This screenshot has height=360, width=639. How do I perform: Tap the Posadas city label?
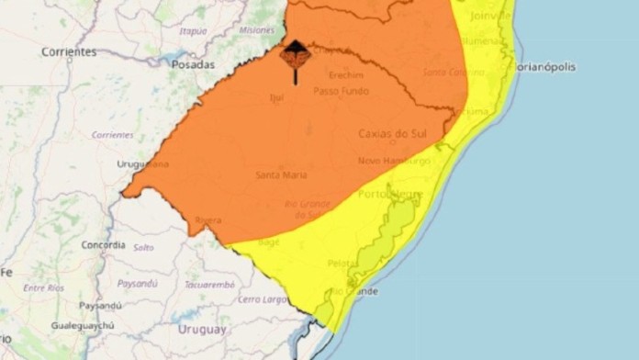pyautogui.click(x=193, y=65)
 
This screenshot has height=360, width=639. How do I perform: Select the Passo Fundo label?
pyautogui.click(x=341, y=91)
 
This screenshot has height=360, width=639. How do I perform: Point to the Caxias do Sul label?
pyautogui.click(x=389, y=134)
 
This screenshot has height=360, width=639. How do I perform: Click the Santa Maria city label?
pyautogui.click(x=281, y=175)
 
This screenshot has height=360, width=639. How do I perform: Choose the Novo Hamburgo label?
pyautogui.click(x=395, y=161)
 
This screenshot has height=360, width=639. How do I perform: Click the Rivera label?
pyautogui.click(x=208, y=220)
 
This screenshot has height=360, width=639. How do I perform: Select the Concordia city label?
pyautogui.click(x=103, y=245)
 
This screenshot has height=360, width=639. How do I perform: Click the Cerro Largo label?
pyautogui.click(x=263, y=299)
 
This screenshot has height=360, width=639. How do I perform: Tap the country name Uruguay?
pyautogui.click(x=201, y=329)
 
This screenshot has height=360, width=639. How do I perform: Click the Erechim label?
pyautogui.click(x=346, y=74)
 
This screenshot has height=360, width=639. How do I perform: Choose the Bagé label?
pyautogui.click(x=271, y=242)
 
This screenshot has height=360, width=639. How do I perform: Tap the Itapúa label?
pyautogui.click(x=193, y=30)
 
